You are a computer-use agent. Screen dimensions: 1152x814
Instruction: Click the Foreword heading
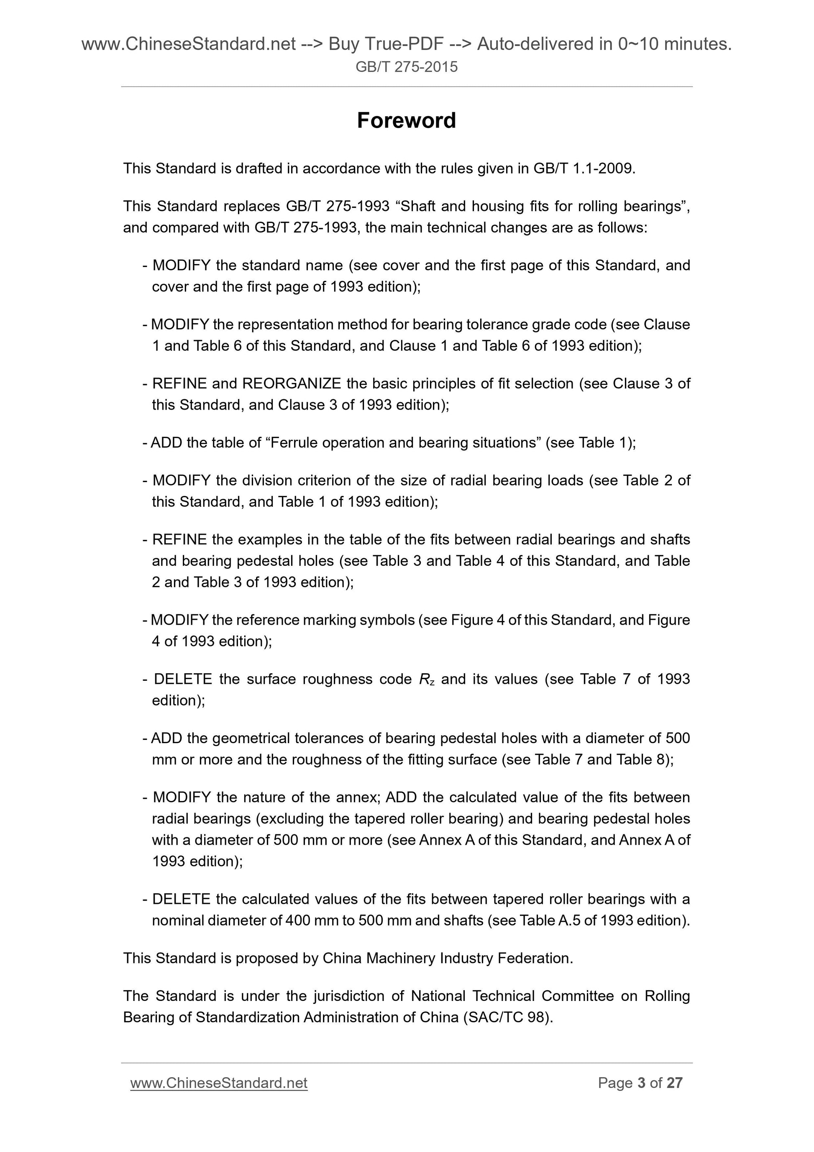(x=406, y=121)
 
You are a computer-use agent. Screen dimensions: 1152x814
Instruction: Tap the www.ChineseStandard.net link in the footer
(x=219, y=1083)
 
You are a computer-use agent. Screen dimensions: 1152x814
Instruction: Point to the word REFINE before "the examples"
(x=179, y=539)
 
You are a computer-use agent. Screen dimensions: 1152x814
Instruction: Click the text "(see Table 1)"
(x=590, y=443)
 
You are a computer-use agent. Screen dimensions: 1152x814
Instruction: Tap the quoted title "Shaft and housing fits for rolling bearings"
(x=542, y=206)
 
